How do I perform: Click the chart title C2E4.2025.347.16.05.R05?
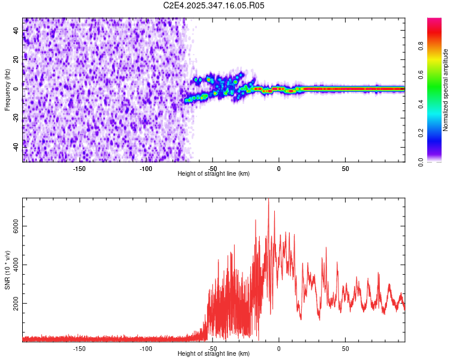[214, 5]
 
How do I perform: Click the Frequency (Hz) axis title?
[8, 90]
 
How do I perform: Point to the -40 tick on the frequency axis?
[17, 147]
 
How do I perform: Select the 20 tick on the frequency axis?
[17, 59]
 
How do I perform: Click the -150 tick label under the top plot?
[79, 169]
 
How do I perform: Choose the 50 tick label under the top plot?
[346, 169]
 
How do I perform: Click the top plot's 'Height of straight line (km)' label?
[214, 174]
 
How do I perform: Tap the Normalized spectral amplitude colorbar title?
[446, 90]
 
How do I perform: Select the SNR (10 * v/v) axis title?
[8, 270]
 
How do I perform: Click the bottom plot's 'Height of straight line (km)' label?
[214, 354]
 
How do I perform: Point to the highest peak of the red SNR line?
[268, 200]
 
